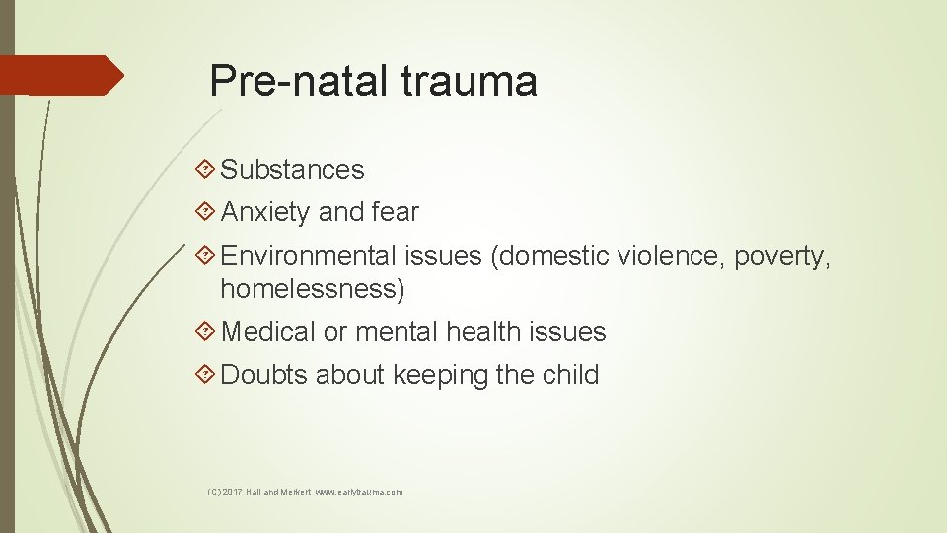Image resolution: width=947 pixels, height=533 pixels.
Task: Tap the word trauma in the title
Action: tap(469, 81)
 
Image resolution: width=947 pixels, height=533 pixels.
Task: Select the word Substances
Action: tap(292, 170)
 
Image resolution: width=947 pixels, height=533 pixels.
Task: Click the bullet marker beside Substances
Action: tap(205, 170)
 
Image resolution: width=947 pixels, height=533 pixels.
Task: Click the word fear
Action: tap(396, 212)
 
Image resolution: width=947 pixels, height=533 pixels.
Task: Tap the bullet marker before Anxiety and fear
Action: tap(205, 212)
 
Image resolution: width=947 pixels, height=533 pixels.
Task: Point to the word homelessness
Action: tap(312, 289)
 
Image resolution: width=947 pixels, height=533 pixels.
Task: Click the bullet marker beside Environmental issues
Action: tap(205, 256)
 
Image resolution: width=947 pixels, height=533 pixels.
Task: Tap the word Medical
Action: tap(268, 332)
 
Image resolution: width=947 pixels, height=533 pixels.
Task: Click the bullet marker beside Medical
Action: tap(205, 332)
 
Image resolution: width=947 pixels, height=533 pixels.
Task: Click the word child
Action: tap(571, 375)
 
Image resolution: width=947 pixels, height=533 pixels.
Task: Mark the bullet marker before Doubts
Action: tap(205, 375)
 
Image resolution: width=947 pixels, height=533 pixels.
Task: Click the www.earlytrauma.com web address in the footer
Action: tap(358, 491)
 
